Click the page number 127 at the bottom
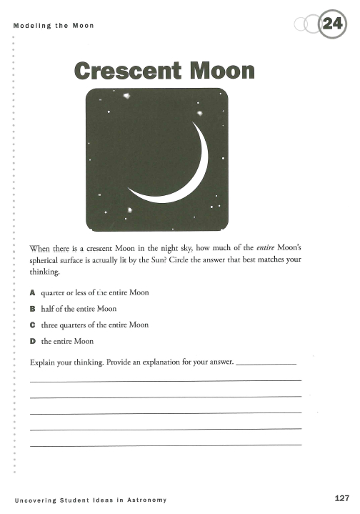tap(340, 498)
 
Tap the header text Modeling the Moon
tap(54, 26)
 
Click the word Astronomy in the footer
tap(148, 498)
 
